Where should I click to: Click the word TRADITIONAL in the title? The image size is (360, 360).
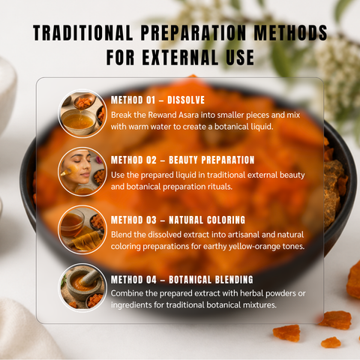tap(82, 33)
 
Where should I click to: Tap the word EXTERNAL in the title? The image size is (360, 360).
tap(180, 57)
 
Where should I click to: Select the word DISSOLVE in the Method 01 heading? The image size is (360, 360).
tap(186, 100)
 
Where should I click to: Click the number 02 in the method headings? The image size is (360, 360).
tap(151, 160)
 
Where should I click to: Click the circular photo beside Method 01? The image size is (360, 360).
tap(82, 114)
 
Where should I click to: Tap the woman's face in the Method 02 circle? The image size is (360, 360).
tap(77, 166)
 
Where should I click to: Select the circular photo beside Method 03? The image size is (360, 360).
tap(82, 229)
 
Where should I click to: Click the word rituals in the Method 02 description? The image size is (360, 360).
tap(220, 187)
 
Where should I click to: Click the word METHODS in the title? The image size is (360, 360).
tap(290, 33)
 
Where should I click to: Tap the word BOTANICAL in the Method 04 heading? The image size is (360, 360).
tap(190, 280)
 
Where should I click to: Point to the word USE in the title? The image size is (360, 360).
tap(240, 57)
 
